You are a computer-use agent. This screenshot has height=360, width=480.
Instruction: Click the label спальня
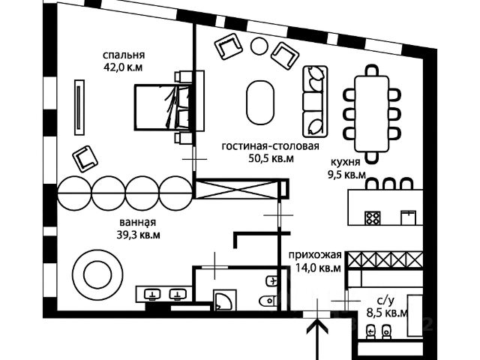pos(124,55)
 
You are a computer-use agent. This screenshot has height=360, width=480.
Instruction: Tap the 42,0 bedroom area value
pos(124,67)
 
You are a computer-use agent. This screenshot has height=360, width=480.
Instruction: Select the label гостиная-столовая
pos(265,146)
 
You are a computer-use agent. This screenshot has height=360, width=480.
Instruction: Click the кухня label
pos(345,162)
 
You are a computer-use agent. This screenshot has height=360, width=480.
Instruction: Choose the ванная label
pos(137,222)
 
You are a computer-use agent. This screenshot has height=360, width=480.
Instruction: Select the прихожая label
pos(314,254)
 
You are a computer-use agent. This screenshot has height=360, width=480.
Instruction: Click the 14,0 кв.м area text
pos(315,267)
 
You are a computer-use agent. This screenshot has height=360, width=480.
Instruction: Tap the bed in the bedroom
pos(160,106)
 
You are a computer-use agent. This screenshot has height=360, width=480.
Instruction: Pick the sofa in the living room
pos(315,98)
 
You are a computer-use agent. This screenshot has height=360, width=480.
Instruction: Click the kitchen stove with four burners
pos(373,217)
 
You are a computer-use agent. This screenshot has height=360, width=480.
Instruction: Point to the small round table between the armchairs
pos(259,46)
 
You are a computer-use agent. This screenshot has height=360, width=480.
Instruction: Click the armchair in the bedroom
pos(85,157)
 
